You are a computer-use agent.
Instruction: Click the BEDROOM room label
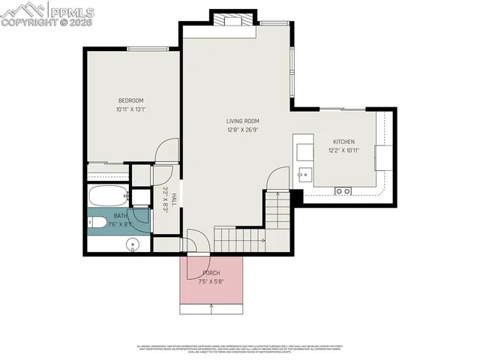pyautogui.click(x=130, y=100)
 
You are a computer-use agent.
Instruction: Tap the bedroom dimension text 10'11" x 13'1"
pyautogui.click(x=130, y=109)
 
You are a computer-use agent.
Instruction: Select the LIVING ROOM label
pyautogui.click(x=243, y=121)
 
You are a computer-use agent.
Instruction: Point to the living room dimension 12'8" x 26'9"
pyautogui.click(x=243, y=130)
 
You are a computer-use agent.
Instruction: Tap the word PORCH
pyautogui.click(x=211, y=272)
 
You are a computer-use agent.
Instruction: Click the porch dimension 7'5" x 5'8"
pyautogui.click(x=211, y=282)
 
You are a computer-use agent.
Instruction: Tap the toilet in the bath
pyautogui.click(x=97, y=222)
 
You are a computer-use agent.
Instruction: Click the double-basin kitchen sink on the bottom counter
pyautogui.click(x=343, y=191)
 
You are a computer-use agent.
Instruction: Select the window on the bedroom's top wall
pyautogui.click(x=147, y=49)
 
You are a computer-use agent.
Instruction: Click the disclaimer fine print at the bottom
pyautogui.click(x=240, y=349)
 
